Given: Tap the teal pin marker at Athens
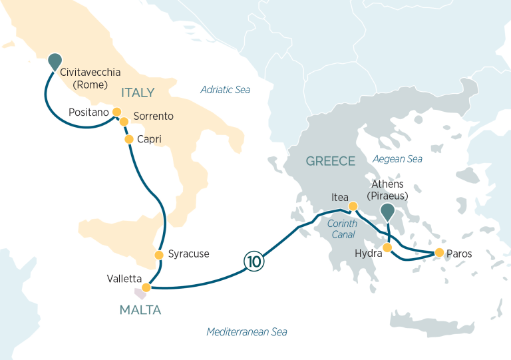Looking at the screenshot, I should [387, 212].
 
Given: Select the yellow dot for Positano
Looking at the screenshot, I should [116, 112].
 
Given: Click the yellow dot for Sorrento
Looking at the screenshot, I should [123, 121].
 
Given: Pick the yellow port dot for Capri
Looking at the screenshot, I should [129, 139].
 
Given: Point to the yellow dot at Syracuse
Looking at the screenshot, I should [158, 255].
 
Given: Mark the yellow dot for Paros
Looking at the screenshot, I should [439, 253].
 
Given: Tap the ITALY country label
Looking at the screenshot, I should [138, 92].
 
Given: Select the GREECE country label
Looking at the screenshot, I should [330, 161].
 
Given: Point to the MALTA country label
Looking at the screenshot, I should [140, 309].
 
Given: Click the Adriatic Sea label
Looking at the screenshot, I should [226, 89].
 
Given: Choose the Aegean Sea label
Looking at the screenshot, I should [397, 159].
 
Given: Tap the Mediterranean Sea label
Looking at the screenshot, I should [247, 331].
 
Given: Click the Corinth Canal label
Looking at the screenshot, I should [342, 229].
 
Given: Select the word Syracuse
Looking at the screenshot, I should [188, 254].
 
